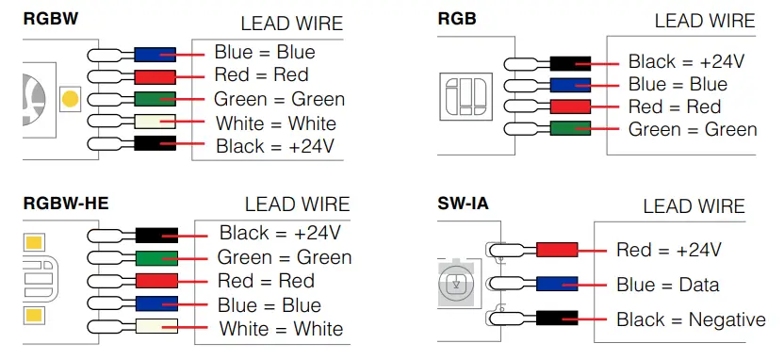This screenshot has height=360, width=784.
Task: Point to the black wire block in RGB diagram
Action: click(570, 63)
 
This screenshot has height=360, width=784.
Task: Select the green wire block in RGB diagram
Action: click(570, 128)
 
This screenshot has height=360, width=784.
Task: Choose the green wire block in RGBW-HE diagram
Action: click(156, 257)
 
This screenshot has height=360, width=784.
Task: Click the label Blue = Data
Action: click(667, 285)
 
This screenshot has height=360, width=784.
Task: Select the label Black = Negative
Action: click(691, 319)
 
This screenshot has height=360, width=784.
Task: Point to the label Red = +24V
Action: click(668, 250)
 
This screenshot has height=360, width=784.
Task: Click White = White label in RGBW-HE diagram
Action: click(281, 329)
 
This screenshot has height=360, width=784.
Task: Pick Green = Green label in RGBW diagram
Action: click(279, 99)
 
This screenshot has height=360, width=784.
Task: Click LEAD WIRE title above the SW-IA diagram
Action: click(694, 206)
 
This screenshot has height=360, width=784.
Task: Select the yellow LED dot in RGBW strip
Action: click(68, 97)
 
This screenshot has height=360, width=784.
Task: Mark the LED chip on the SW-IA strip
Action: click(456, 283)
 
